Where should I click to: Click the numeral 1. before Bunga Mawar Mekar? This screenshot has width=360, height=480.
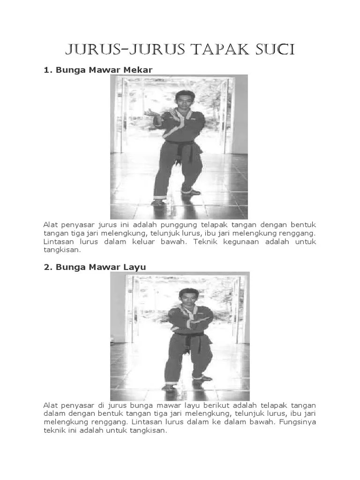pyautogui.click(x=47, y=70)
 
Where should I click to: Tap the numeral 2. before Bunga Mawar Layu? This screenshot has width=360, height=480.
pyautogui.click(x=47, y=267)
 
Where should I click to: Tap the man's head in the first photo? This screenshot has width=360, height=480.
pyautogui.click(x=184, y=99)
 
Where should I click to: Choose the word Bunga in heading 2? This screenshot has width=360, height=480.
pyautogui.click(x=68, y=267)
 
